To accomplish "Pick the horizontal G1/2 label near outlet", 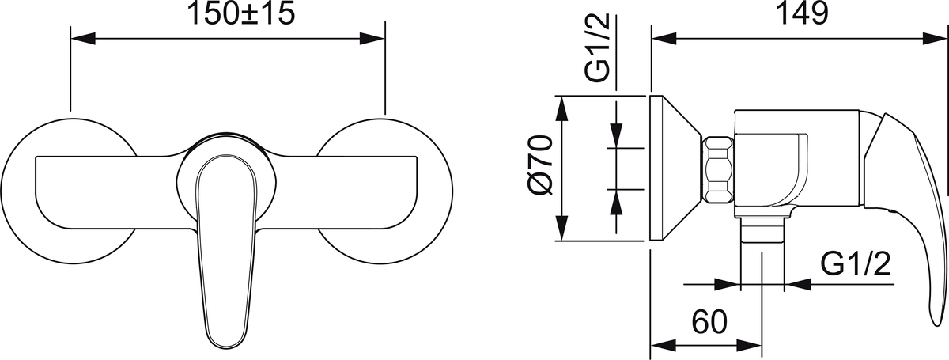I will tap(857, 263).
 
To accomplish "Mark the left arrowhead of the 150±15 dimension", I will tap(80, 37).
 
